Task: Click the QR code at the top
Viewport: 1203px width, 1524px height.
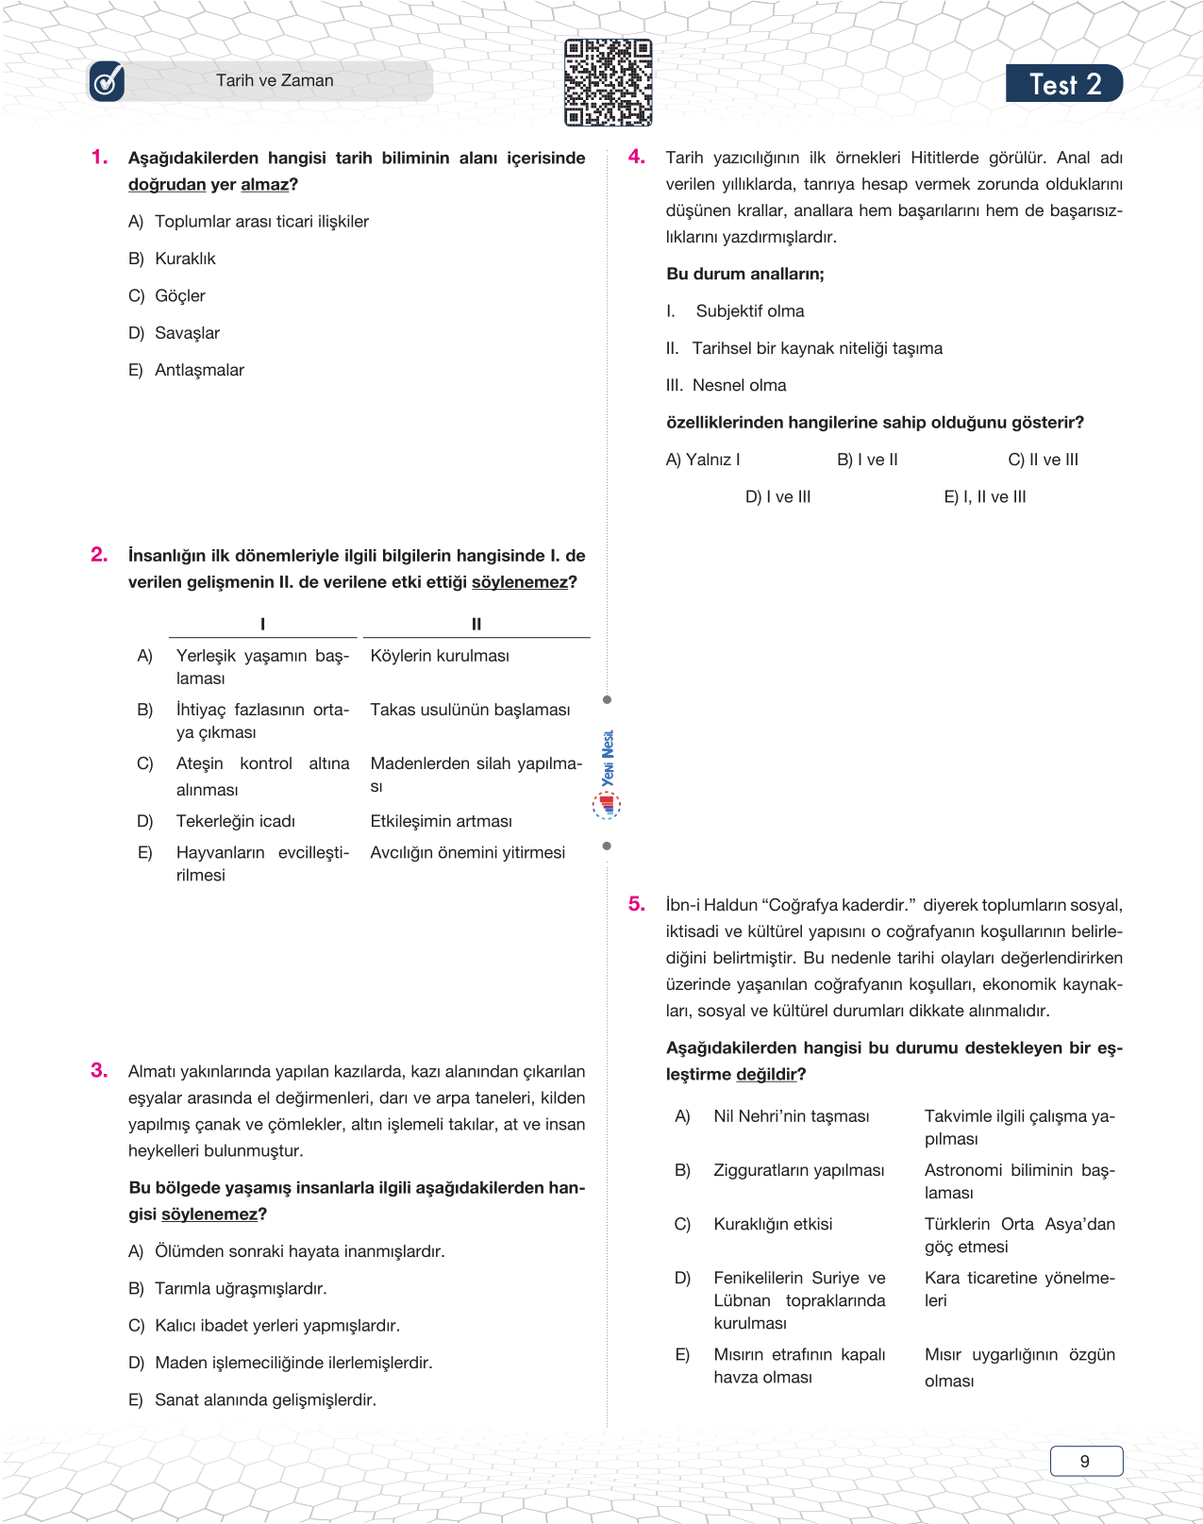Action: [608, 82]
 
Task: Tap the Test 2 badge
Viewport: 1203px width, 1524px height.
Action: [1063, 84]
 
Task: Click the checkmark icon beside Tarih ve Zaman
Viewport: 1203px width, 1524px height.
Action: [107, 82]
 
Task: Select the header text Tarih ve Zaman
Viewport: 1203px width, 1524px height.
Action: [275, 81]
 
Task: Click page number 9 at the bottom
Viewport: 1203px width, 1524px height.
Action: [1085, 1461]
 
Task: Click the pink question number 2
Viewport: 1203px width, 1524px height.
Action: [99, 555]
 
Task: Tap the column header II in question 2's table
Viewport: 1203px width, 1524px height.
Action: [476, 624]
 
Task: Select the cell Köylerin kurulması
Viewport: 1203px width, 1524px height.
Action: [440, 656]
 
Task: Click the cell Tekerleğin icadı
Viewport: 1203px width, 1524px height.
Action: [236, 821]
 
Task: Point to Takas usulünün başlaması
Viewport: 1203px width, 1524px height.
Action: [470, 710]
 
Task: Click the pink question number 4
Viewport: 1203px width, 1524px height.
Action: [637, 157]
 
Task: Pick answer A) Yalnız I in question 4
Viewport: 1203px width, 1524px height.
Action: [703, 460]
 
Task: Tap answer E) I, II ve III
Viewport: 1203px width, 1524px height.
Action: [985, 496]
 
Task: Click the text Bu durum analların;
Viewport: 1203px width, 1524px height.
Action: [745, 274]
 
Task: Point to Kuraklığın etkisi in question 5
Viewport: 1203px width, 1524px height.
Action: [773, 1224]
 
